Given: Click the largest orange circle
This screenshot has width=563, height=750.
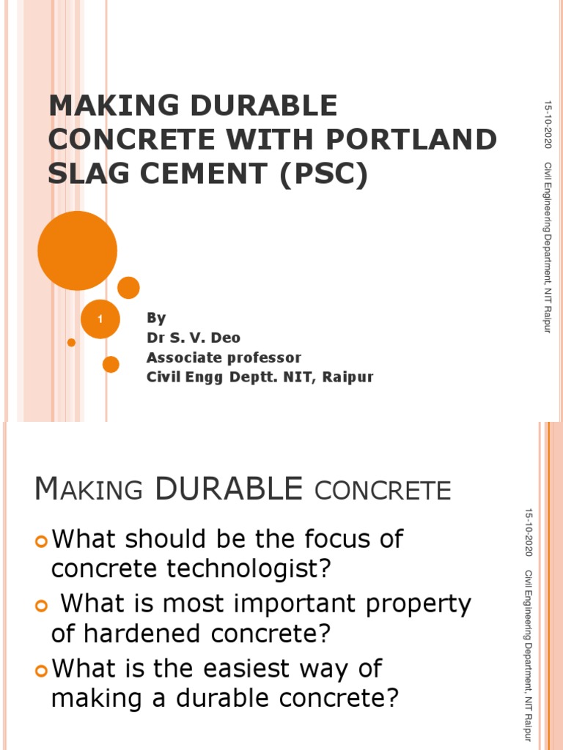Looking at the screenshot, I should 77,250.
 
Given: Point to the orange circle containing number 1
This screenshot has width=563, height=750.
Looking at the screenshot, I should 100,319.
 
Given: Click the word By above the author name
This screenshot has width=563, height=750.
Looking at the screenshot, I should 156,318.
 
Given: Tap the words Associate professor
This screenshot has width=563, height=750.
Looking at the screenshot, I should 224,357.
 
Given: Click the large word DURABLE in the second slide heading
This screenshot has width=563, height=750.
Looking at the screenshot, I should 229,489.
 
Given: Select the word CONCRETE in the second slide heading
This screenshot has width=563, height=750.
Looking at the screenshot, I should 382,490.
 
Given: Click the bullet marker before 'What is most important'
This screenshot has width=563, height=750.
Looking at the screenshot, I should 40,606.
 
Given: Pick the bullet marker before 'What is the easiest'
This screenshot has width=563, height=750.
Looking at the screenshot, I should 40,670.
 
